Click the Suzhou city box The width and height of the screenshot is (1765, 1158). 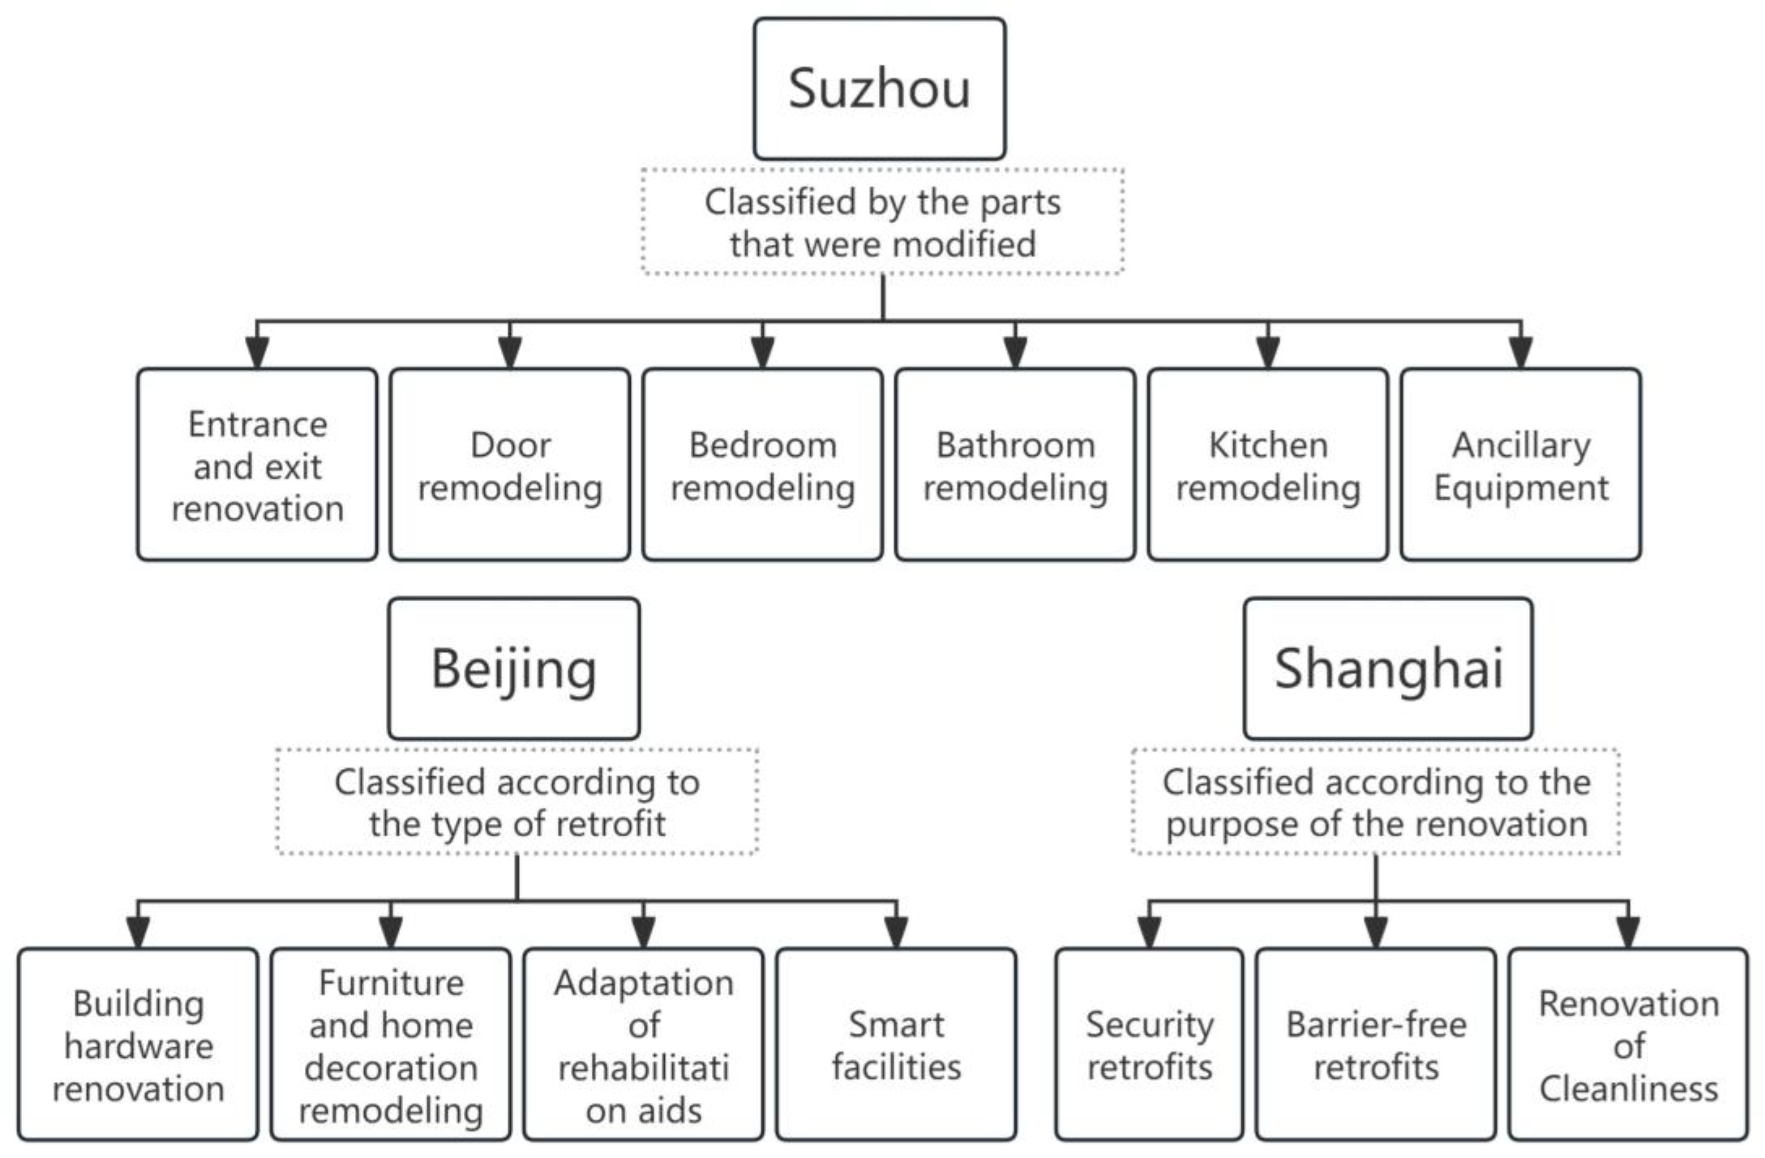[x=880, y=89]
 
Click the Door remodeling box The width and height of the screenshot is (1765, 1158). [x=510, y=465]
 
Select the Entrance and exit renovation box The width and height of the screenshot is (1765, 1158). [x=257, y=465]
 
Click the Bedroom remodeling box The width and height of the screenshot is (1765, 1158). [x=763, y=465]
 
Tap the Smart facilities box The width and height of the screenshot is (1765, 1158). [x=896, y=1044]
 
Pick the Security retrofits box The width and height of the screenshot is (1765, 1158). [x=1149, y=1044]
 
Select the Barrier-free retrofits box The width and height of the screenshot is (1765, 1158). [x=1376, y=1044]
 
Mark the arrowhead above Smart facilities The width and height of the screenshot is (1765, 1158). [x=896, y=931]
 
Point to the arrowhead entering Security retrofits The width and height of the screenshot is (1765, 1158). [x=1149, y=931]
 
